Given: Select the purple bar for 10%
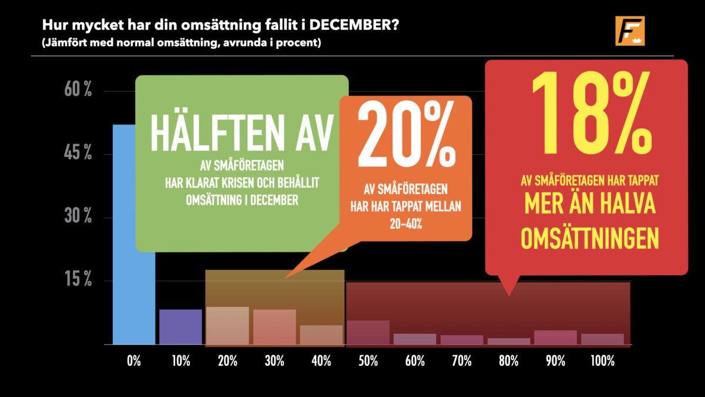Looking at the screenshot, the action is (x=181, y=327).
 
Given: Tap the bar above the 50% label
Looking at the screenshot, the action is (x=368, y=333).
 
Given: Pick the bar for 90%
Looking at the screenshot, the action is (x=556, y=338).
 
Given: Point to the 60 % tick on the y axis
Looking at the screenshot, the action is (x=78, y=89).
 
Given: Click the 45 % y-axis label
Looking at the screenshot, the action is (x=78, y=152).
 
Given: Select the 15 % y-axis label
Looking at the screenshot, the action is (x=78, y=279).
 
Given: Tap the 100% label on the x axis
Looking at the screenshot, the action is (x=602, y=361).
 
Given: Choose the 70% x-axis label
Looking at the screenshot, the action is (x=462, y=361).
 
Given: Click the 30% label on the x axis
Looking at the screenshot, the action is (x=274, y=361).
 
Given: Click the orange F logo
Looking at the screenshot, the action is (x=630, y=31).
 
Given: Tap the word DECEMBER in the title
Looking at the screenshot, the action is (x=354, y=25).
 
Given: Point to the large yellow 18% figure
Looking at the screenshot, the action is (x=592, y=113).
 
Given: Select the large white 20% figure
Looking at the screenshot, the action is (x=406, y=134).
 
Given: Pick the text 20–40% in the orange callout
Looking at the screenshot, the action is (x=406, y=224).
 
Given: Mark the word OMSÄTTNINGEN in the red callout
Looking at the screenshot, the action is (x=590, y=239).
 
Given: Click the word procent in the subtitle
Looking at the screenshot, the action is (x=297, y=42).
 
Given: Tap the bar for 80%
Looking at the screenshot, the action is (x=509, y=342).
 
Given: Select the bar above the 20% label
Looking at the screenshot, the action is (x=227, y=326).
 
